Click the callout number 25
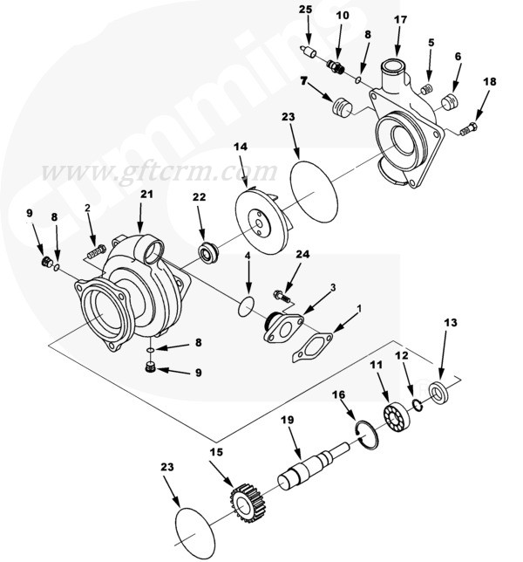[306, 10]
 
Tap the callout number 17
[400, 20]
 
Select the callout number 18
[490, 81]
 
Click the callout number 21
[146, 194]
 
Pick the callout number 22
[199, 198]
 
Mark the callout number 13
[450, 322]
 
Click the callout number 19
[285, 420]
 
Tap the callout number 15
[217, 453]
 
